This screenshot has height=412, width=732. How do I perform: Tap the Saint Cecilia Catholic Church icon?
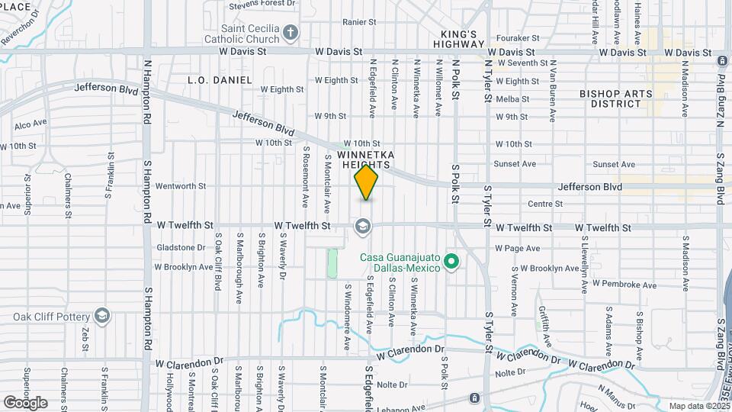[x=290, y=32]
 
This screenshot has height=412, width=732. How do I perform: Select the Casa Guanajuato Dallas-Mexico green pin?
[x=451, y=262]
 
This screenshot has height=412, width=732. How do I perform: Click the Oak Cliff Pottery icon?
[x=102, y=316]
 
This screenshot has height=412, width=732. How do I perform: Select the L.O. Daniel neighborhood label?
[x=220, y=79]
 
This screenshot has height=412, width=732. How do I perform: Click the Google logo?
[x=25, y=402]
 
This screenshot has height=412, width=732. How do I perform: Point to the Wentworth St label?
[x=181, y=185]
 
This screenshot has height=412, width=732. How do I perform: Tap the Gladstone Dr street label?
[x=181, y=247]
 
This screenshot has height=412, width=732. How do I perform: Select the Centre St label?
[x=544, y=204]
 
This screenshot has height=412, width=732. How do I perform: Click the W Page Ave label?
[x=517, y=248]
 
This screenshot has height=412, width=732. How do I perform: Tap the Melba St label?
[x=512, y=99]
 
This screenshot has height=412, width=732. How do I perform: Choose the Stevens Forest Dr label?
[x=261, y=5]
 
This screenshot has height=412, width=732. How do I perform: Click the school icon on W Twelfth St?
[x=362, y=225]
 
